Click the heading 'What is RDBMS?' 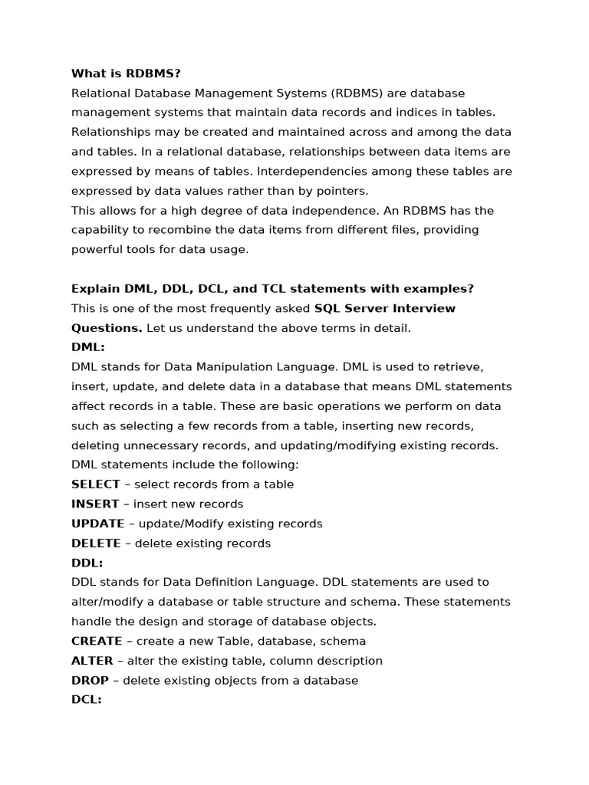(126, 74)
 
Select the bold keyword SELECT (96, 484)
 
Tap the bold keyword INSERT (95, 504)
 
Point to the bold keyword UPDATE (97, 524)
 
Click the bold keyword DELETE (96, 544)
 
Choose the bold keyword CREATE (97, 641)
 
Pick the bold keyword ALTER (92, 661)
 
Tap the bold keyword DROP (90, 680)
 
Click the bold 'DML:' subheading (87, 347)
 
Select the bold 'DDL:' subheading (87, 563)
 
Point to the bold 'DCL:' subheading (87, 699)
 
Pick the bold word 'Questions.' (107, 328)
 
